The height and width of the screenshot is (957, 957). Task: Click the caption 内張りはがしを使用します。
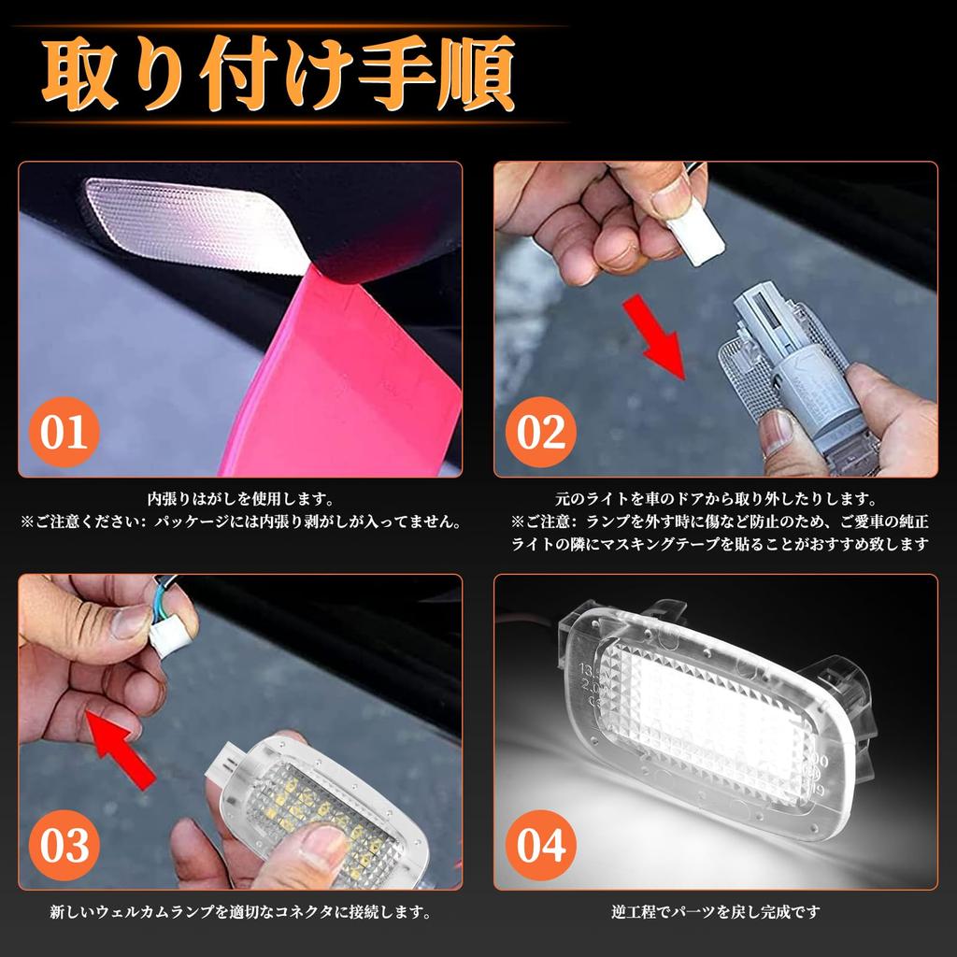click(240, 500)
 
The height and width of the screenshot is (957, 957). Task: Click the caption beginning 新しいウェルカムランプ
click(240, 911)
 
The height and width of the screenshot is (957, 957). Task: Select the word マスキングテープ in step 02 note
click(653, 544)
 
